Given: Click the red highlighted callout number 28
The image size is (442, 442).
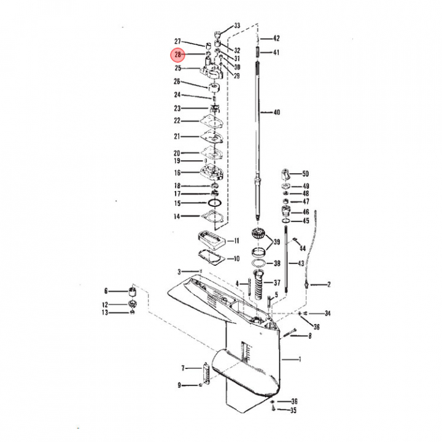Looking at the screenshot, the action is [x=177, y=55].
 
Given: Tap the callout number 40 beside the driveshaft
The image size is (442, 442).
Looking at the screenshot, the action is [x=277, y=112].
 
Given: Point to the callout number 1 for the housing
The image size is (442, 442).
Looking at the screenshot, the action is [x=300, y=359].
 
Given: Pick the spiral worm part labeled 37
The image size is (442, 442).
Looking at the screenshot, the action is [x=258, y=285].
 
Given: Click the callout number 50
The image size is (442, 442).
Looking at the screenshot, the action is [x=305, y=174].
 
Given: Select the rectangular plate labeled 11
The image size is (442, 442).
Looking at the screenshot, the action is [x=212, y=240].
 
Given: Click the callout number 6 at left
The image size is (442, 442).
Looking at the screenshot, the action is [x=106, y=291].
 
